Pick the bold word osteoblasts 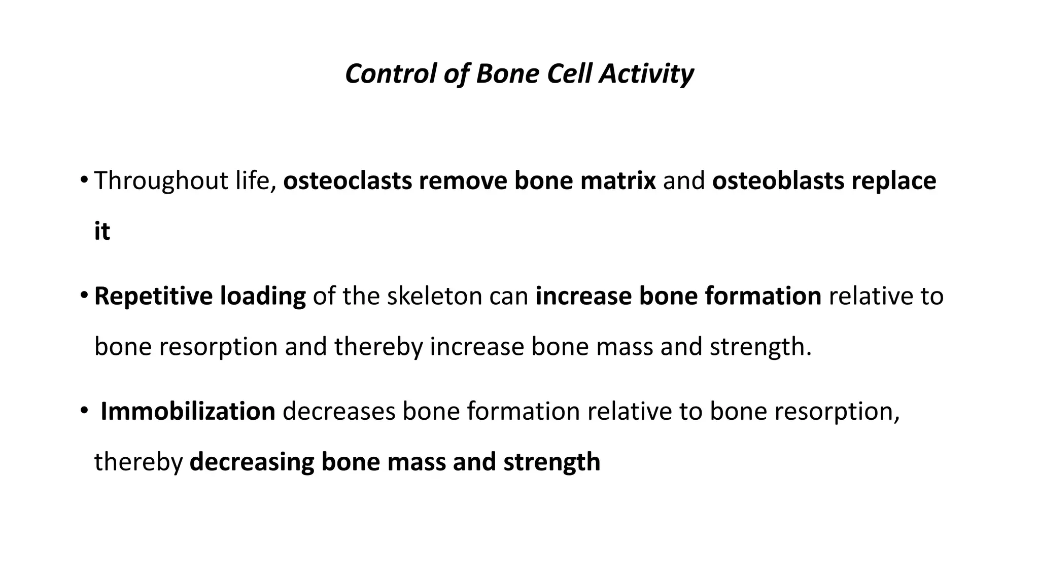(778, 181)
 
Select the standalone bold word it (102, 232)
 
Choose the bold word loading (262, 296)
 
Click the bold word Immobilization (188, 411)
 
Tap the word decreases (338, 411)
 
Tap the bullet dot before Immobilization (84, 410)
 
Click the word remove (463, 181)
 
